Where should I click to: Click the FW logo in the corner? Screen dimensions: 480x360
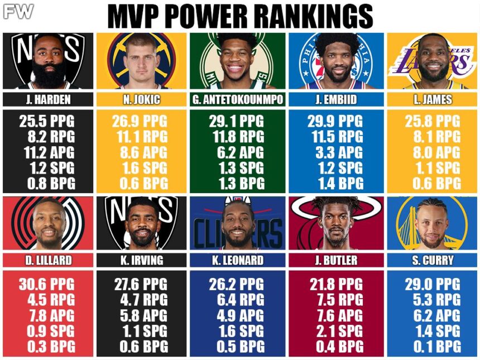point(18,12)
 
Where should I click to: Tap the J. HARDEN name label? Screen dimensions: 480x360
point(49,99)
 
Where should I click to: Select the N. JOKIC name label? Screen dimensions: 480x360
point(141,99)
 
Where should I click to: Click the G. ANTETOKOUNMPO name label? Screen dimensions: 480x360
point(238,99)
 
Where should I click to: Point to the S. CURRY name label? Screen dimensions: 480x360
point(433,260)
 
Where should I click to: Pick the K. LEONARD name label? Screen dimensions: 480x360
point(238,260)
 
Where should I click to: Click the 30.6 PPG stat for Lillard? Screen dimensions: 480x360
point(46,285)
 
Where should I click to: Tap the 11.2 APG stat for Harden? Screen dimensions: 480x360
point(49,152)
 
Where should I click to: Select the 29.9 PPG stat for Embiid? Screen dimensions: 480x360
point(335,121)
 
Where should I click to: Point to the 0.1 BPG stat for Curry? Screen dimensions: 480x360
point(437,347)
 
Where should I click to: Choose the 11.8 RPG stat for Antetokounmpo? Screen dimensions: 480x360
point(238,137)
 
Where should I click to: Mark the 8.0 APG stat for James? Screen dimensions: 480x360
point(436,152)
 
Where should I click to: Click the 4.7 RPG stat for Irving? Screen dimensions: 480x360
point(144,300)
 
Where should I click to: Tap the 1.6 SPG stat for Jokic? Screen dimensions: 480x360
point(145,168)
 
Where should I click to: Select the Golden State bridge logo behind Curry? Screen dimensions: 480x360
point(431,223)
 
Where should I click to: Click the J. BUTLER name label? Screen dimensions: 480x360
point(336,260)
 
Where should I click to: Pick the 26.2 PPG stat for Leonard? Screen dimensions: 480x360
point(236,285)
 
